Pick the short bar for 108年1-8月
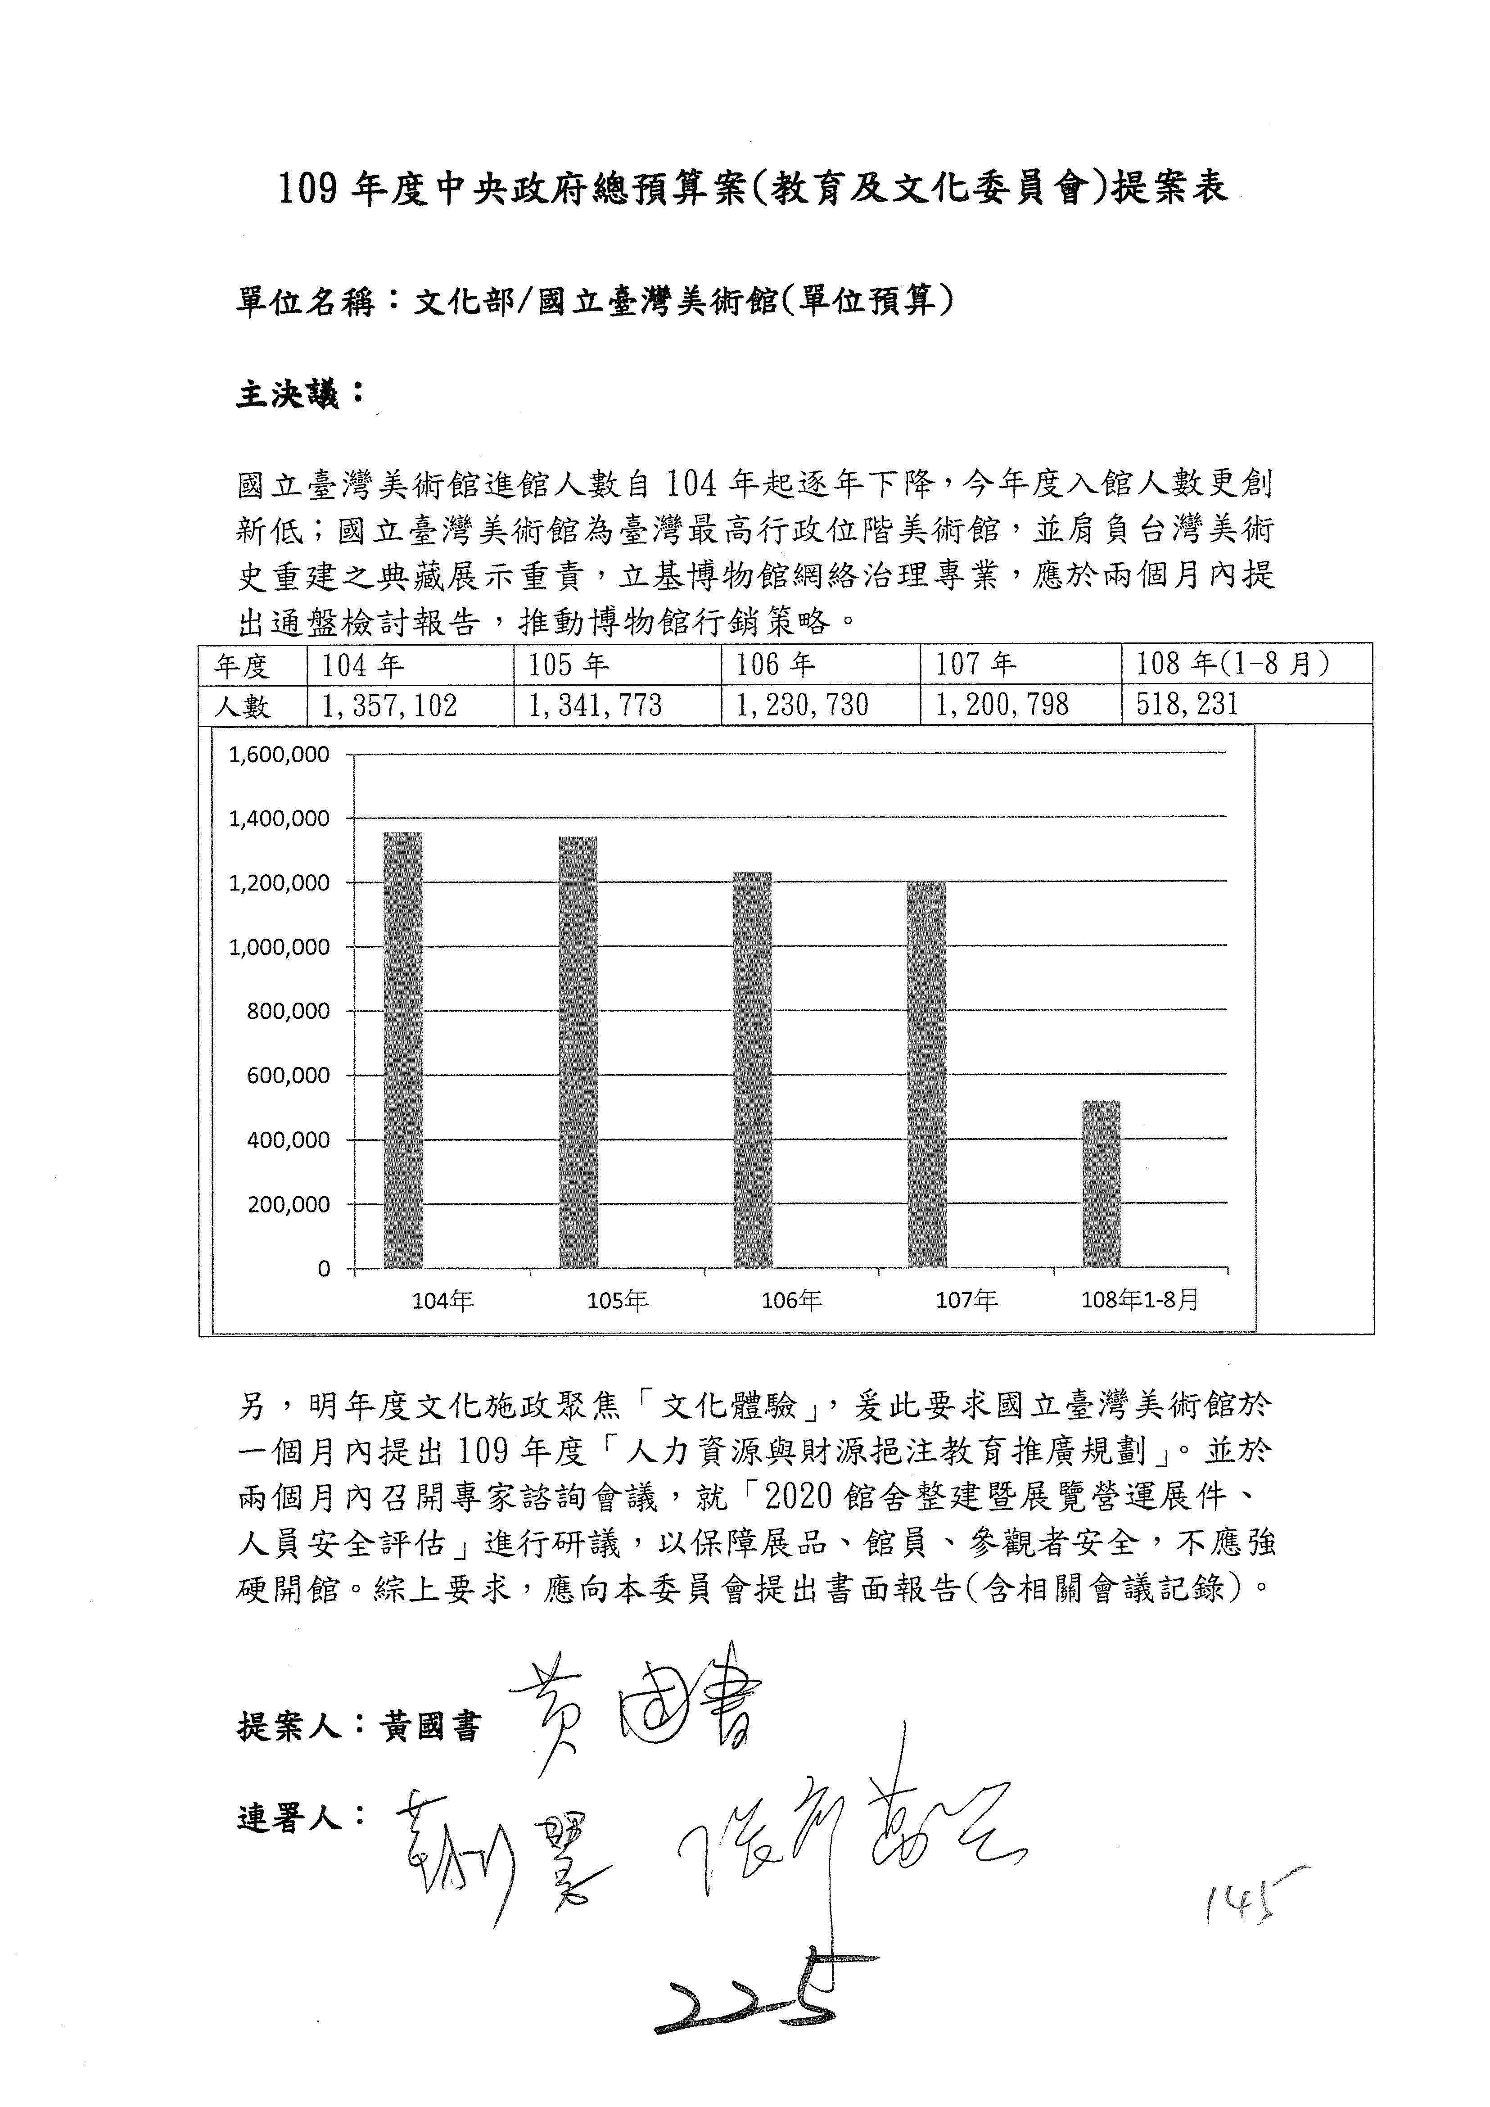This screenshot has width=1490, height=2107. click(1101, 1184)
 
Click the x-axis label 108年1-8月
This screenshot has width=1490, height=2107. click(1140, 1299)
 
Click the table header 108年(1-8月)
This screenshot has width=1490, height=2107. click(1232, 664)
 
